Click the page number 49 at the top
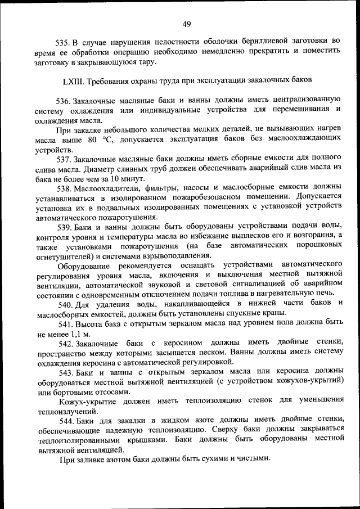(x=187, y=23)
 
